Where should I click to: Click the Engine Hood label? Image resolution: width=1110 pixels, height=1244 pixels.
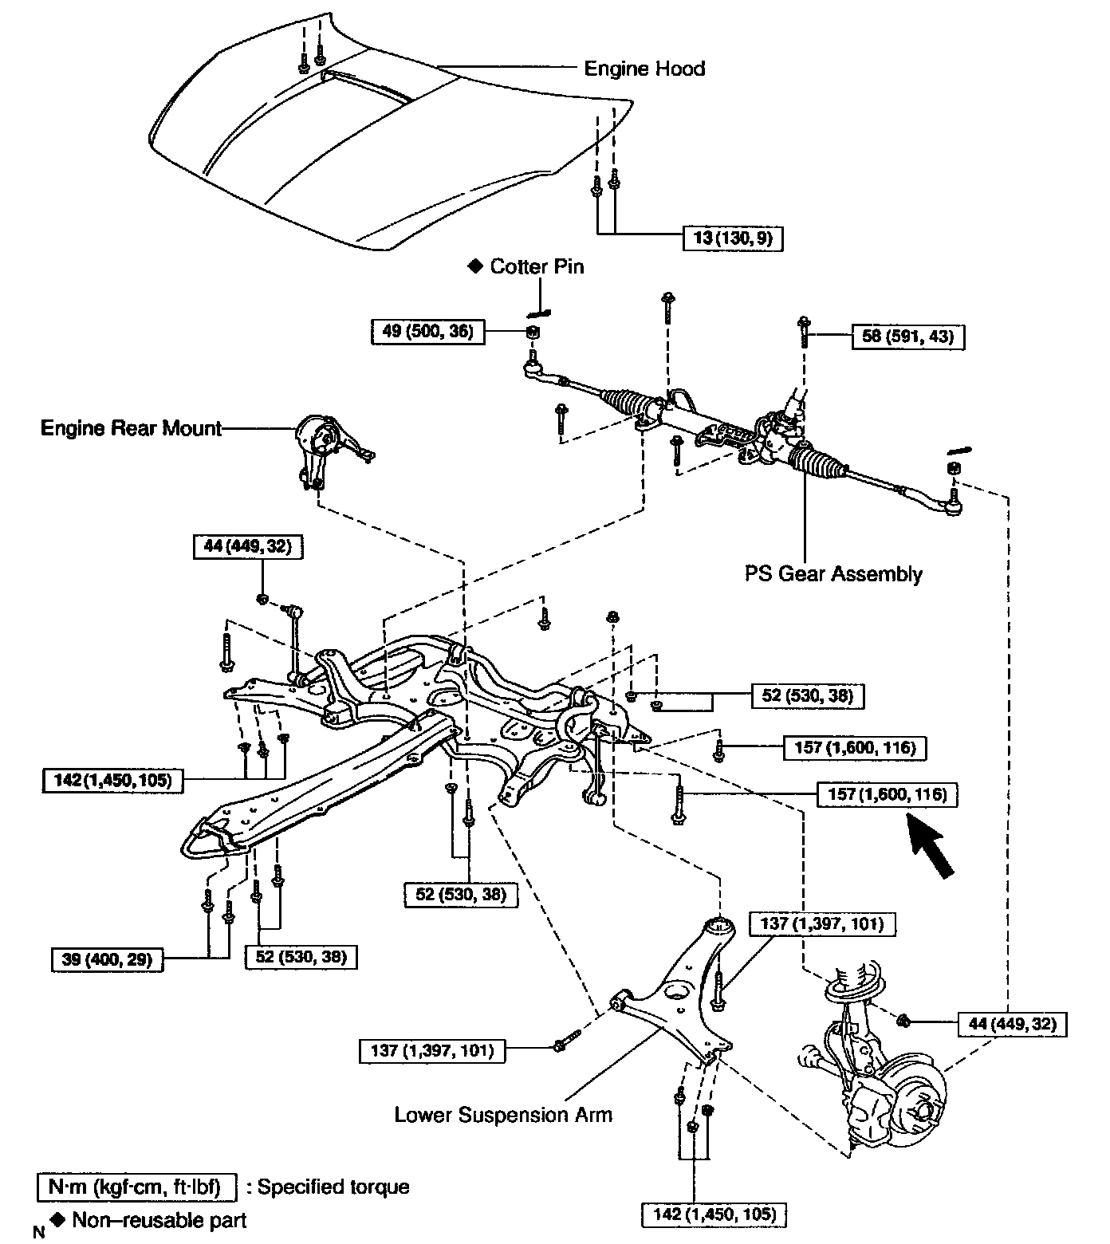click(644, 69)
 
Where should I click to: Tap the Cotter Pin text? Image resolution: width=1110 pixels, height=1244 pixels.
click(537, 266)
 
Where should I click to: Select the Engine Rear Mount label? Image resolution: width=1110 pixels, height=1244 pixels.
click(131, 428)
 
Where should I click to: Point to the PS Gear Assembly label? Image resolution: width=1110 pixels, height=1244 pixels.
click(833, 574)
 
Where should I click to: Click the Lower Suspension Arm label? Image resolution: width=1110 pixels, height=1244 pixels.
click(503, 1114)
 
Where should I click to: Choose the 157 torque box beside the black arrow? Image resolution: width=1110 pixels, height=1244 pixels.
click(887, 794)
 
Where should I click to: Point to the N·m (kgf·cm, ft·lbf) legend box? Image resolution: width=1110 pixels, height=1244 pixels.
click(137, 1187)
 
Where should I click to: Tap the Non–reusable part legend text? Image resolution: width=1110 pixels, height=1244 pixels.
click(159, 1220)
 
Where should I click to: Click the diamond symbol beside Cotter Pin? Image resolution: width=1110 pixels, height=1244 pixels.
click(476, 266)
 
